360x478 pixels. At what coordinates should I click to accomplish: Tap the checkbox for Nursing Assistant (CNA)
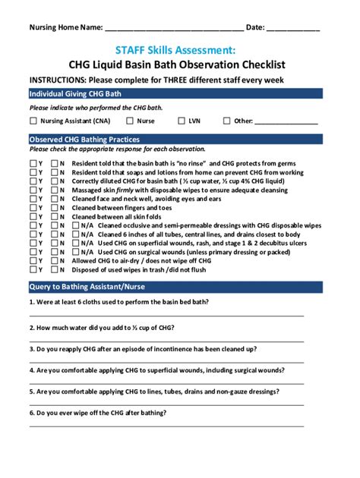pyautogui.click(x=33, y=121)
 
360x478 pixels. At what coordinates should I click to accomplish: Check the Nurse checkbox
pyautogui.click(x=130, y=121)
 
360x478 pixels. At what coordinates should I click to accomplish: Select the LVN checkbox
pyautogui.click(x=182, y=121)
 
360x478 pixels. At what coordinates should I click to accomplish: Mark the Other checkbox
pyautogui.click(x=227, y=121)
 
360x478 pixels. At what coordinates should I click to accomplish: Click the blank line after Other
pyautogui.click(x=286, y=122)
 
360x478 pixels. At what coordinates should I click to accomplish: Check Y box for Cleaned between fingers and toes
pyautogui.click(x=33, y=208)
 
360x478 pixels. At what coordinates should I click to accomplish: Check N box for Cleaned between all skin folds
pyautogui.click(x=55, y=217)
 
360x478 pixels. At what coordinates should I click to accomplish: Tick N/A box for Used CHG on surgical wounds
pyautogui.click(x=76, y=252)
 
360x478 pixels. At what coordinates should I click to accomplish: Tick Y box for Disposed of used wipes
pyautogui.click(x=33, y=269)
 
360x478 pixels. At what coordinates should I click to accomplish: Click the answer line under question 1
pyautogui.click(x=167, y=314)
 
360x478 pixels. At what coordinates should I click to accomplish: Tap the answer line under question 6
pyautogui.click(x=167, y=426)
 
